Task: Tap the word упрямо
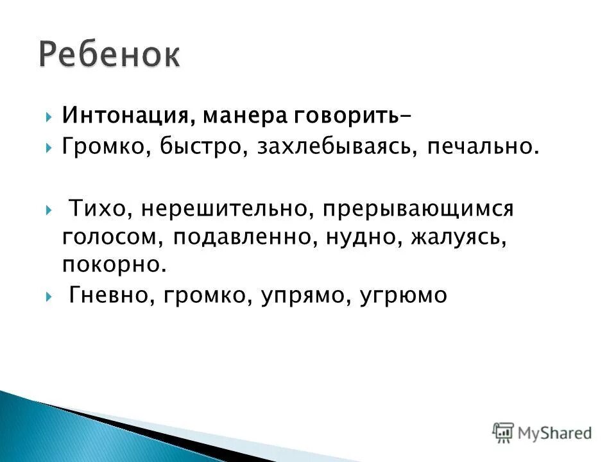(x=295, y=295)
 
